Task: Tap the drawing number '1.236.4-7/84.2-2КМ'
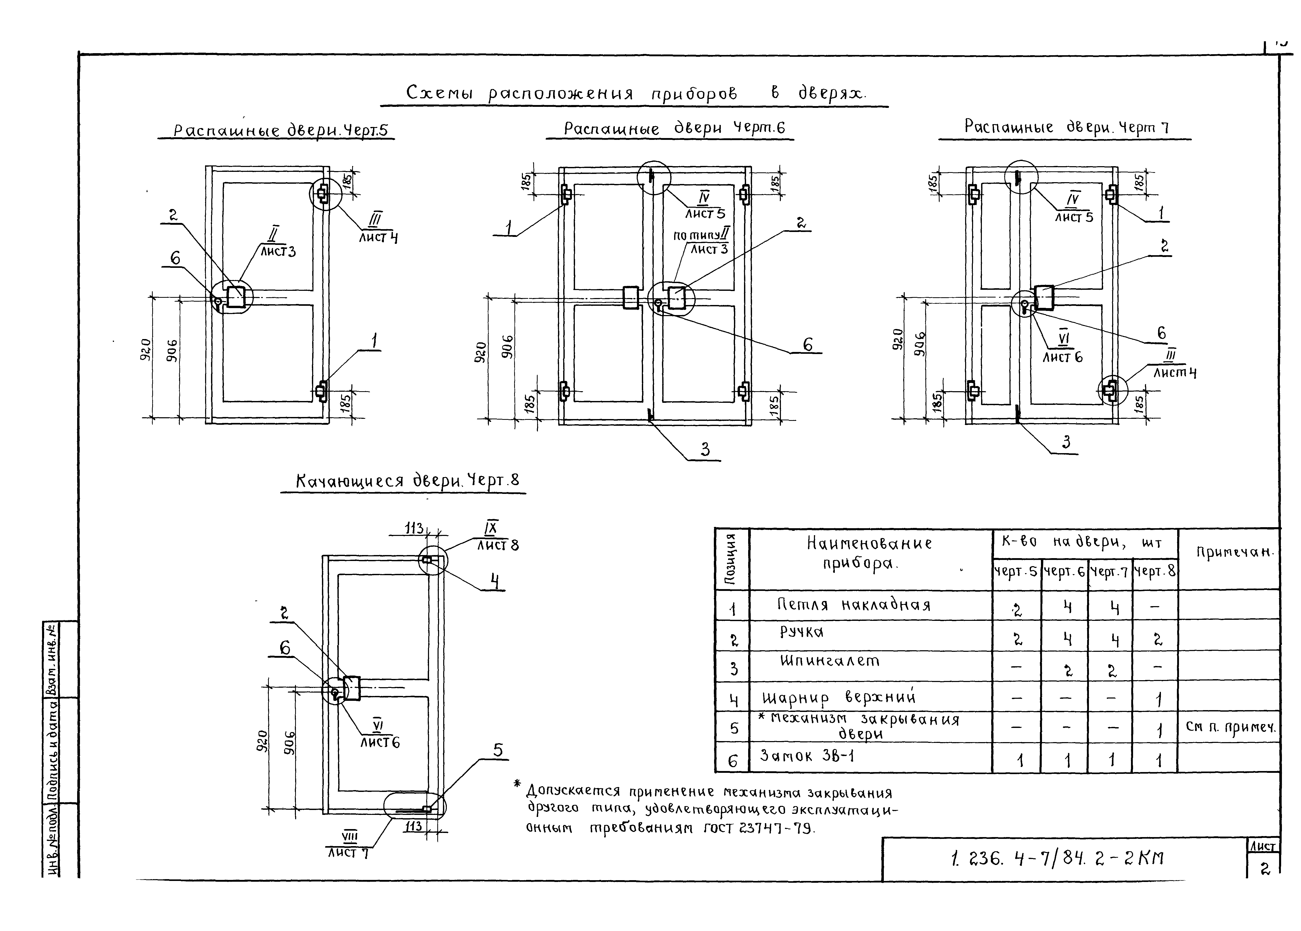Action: point(1056,858)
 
